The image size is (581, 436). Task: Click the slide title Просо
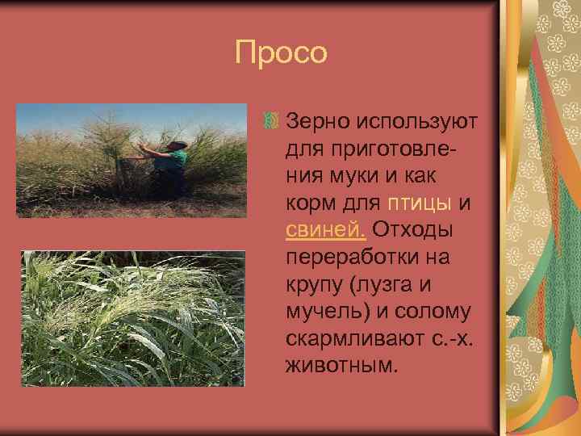[x=282, y=53]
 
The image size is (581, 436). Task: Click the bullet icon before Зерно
[x=270, y=122]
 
